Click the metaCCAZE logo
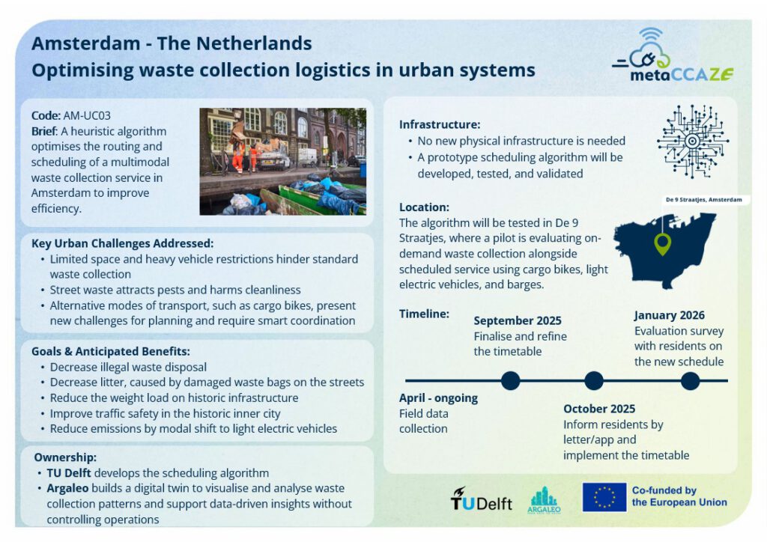(673, 55)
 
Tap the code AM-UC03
(87, 116)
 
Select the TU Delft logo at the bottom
(482, 499)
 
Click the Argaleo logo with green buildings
(544, 500)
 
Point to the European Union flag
(604, 497)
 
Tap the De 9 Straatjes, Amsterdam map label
(703, 199)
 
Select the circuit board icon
(693, 141)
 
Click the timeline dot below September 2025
(510, 380)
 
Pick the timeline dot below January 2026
(690, 381)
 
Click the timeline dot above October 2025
(594, 380)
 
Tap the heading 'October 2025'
(599, 409)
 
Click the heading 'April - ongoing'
(438, 398)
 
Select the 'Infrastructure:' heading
(439, 124)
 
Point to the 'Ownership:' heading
(65, 457)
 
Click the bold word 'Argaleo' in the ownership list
(67, 488)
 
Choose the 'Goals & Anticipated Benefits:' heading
(111, 351)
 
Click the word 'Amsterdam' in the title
(85, 43)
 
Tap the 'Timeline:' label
(424, 314)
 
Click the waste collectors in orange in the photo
(243, 156)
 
